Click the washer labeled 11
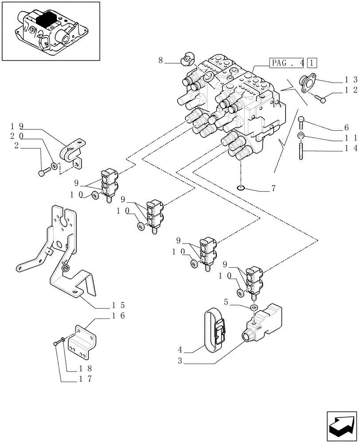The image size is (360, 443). coord(301,135)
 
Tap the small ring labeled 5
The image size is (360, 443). coord(254,307)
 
